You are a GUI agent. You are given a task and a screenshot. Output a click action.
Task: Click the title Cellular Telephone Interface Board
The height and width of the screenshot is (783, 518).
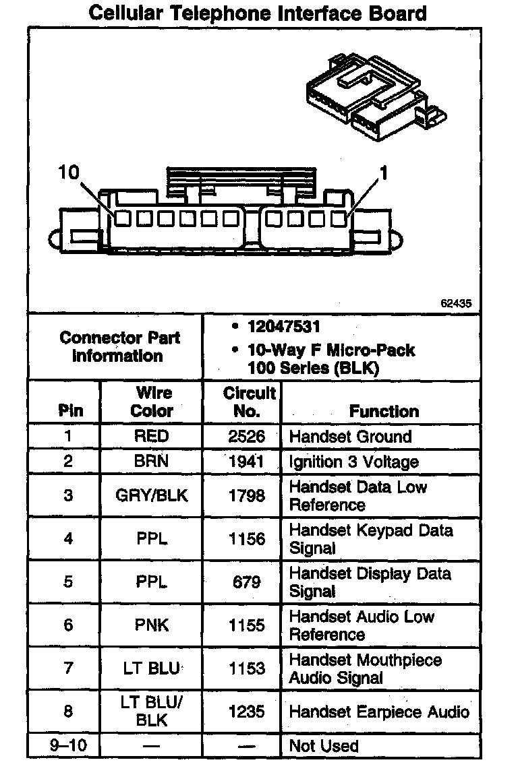point(258,13)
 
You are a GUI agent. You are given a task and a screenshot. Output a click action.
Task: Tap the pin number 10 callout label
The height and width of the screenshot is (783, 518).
point(68,173)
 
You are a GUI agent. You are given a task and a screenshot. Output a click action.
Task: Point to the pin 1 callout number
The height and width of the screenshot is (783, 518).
point(384,173)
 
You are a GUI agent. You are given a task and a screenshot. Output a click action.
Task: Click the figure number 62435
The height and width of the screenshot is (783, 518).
point(456,303)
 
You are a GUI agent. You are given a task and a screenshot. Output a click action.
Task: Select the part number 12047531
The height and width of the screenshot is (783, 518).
point(283,327)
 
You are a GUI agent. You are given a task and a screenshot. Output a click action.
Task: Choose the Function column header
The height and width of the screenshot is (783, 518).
point(384,411)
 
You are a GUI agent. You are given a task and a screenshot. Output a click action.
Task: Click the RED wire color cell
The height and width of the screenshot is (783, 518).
point(152,436)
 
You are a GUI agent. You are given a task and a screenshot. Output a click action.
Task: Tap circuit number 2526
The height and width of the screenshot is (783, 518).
point(246,436)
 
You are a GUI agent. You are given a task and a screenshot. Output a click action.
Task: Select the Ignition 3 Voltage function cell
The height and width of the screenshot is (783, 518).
point(353,462)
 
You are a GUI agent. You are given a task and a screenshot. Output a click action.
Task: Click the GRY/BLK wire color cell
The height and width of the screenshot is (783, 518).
point(152,496)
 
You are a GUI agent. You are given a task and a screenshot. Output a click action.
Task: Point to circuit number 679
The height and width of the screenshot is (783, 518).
point(246,582)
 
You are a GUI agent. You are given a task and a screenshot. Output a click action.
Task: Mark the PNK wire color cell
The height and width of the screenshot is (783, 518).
point(152,625)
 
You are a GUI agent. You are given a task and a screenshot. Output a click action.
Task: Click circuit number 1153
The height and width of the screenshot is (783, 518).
point(246,668)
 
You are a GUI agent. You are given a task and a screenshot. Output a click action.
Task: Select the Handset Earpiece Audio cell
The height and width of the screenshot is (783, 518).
point(379,712)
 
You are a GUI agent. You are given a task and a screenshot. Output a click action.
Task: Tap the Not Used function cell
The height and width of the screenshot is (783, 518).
point(324,746)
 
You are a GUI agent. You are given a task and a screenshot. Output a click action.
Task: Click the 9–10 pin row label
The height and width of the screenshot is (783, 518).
point(68,746)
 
